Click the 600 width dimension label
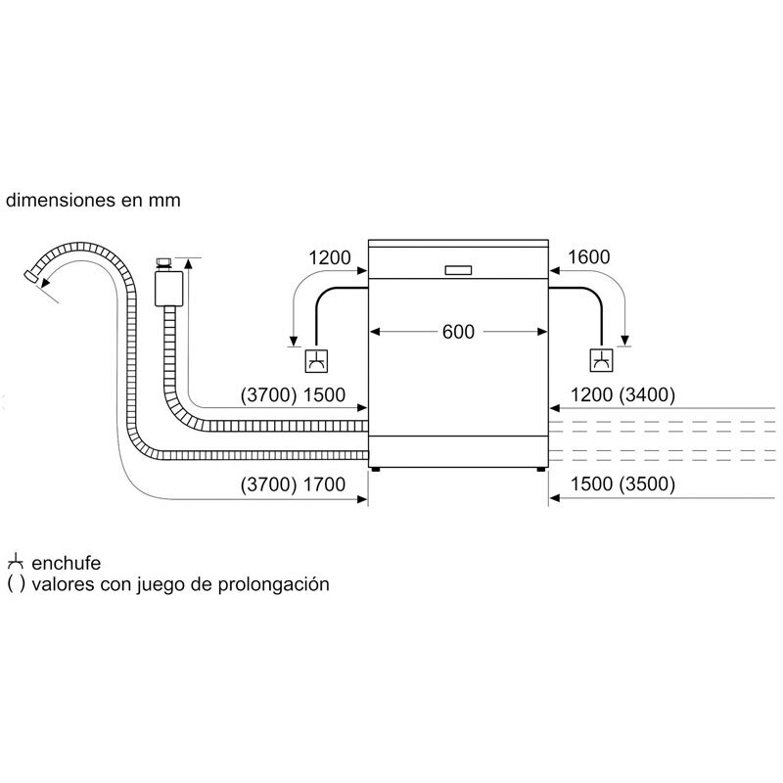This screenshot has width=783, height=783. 458,332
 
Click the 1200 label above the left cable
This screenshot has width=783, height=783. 329,258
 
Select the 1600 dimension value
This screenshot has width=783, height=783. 588,258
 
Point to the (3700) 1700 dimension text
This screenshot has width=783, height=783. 297,484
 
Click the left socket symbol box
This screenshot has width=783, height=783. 316,360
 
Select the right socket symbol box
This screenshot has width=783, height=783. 600,360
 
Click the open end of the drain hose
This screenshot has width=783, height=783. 34,278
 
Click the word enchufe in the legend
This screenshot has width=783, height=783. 66,565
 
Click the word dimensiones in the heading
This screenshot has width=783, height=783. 58,200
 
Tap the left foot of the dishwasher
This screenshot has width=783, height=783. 374,470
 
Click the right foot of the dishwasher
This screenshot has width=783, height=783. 541,470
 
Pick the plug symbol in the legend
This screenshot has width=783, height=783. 15,564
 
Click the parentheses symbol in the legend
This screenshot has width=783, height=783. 15,585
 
